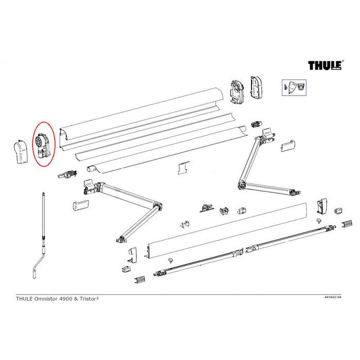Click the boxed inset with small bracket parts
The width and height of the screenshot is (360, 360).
pyautogui.click(x=293, y=88)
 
